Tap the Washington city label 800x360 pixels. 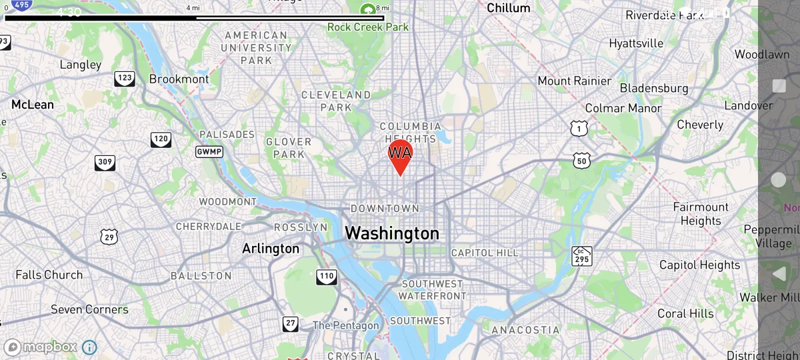392,233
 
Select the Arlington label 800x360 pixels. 271,249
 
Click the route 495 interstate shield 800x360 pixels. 21,6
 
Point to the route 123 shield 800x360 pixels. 124,79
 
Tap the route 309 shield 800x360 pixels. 105,162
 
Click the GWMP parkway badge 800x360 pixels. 209,152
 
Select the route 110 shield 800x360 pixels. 327,277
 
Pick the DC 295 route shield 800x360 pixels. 581,256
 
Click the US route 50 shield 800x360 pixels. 582,160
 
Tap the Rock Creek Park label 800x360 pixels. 368,27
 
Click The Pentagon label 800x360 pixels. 346,325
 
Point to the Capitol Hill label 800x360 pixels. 484,253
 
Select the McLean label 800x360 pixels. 33,105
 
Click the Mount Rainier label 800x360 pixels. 575,81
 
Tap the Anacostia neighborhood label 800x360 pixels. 525,330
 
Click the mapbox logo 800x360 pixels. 41,347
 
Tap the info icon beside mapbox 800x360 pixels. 89,347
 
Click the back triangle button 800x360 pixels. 779,273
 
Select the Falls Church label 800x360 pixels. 49,275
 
